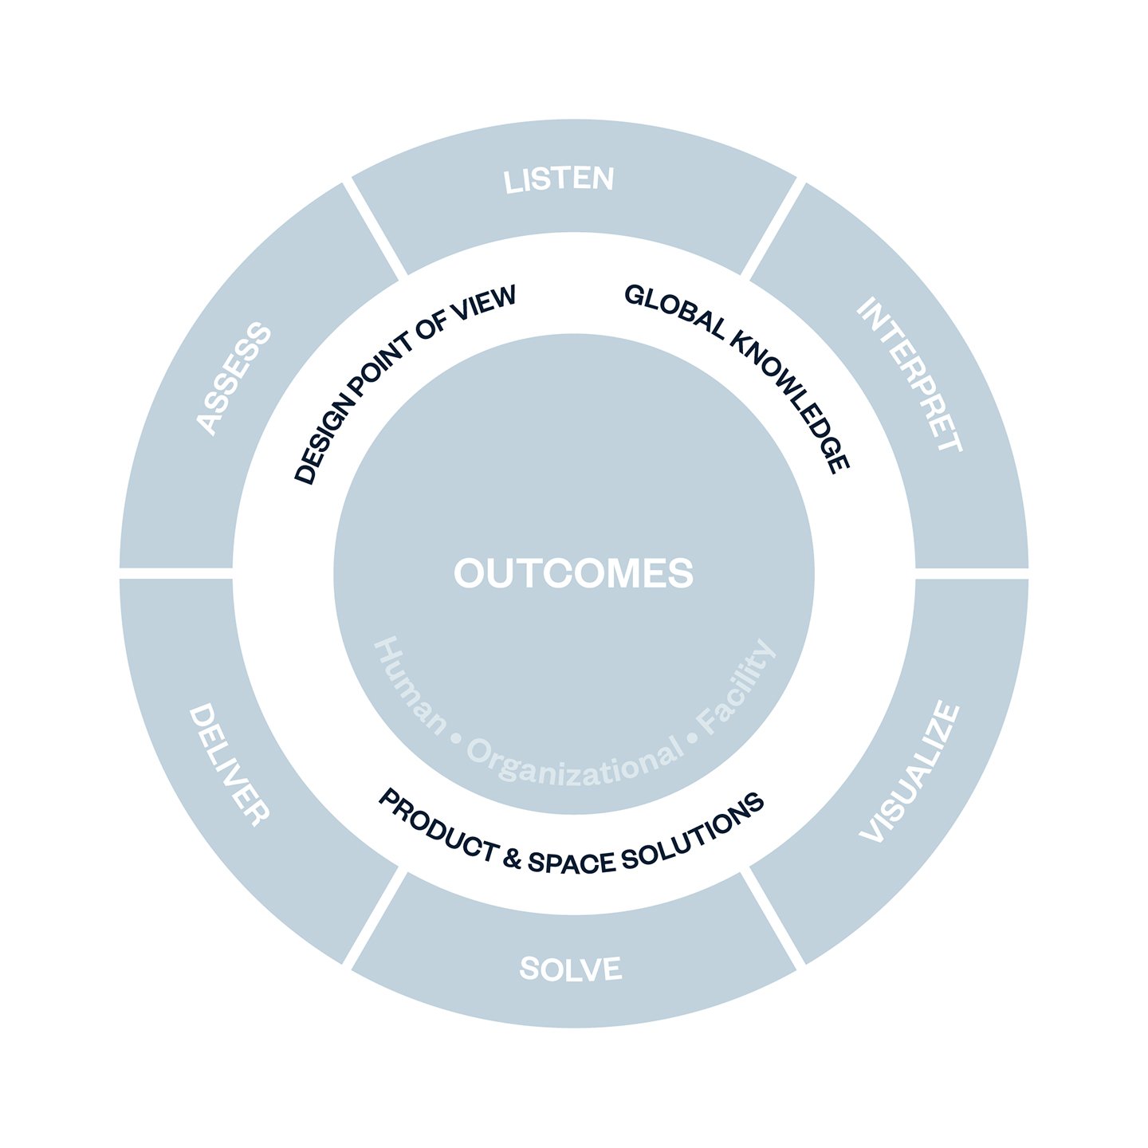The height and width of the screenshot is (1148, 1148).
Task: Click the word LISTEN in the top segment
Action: click(x=559, y=180)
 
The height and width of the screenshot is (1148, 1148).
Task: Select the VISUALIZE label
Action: click(x=910, y=772)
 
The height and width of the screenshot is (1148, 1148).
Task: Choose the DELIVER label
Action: click(x=229, y=765)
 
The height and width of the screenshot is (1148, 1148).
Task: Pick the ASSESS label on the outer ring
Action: click(x=234, y=379)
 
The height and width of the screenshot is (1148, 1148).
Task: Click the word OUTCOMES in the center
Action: click(x=574, y=573)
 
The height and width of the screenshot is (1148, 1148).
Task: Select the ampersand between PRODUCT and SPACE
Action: click(x=513, y=859)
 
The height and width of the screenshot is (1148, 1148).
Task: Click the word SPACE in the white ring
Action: click(x=572, y=863)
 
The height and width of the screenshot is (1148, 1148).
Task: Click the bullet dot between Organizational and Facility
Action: click(x=692, y=738)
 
